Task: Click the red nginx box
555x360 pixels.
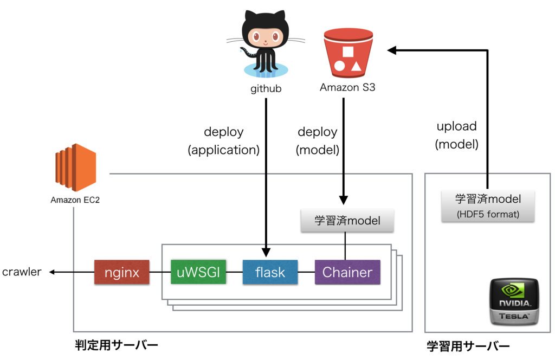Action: tap(121, 272)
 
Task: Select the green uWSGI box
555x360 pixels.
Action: tap(198, 272)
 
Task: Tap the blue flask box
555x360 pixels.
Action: tap(270, 272)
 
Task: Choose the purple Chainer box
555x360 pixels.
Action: tap(347, 272)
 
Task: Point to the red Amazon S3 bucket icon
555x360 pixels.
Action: tap(348, 52)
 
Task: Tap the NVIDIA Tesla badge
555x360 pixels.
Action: tap(514, 301)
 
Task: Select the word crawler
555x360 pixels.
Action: tap(22, 272)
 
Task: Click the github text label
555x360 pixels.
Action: tap(266, 88)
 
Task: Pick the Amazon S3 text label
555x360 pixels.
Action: tap(347, 87)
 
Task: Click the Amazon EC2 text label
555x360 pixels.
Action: tap(75, 200)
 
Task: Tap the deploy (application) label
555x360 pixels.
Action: tap(224, 141)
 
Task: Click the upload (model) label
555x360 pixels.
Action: tap(457, 136)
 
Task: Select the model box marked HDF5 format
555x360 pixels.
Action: tap(488, 205)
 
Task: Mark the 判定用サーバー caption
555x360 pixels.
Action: tap(117, 345)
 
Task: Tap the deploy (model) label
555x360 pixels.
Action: tap(318, 141)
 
